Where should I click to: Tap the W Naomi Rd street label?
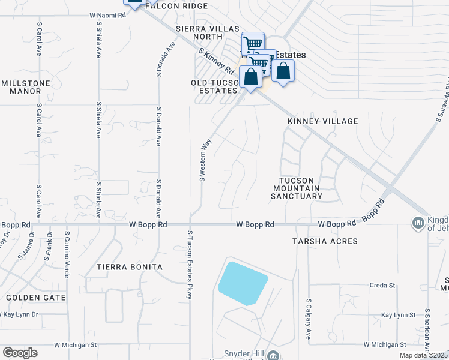(107, 15)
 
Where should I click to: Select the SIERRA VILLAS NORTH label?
(208, 32)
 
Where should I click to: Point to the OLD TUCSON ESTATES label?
(214, 86)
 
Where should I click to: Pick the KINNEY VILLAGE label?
(322, 121)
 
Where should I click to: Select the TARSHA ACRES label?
(325, 241)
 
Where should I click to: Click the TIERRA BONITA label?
(130, 266)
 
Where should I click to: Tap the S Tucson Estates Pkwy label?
(189, 264)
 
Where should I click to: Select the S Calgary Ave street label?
(309, 319)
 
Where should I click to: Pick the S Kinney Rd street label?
(217, 60)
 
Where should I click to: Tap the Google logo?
(20, 353)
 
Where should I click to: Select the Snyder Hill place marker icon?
(274, 356)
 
